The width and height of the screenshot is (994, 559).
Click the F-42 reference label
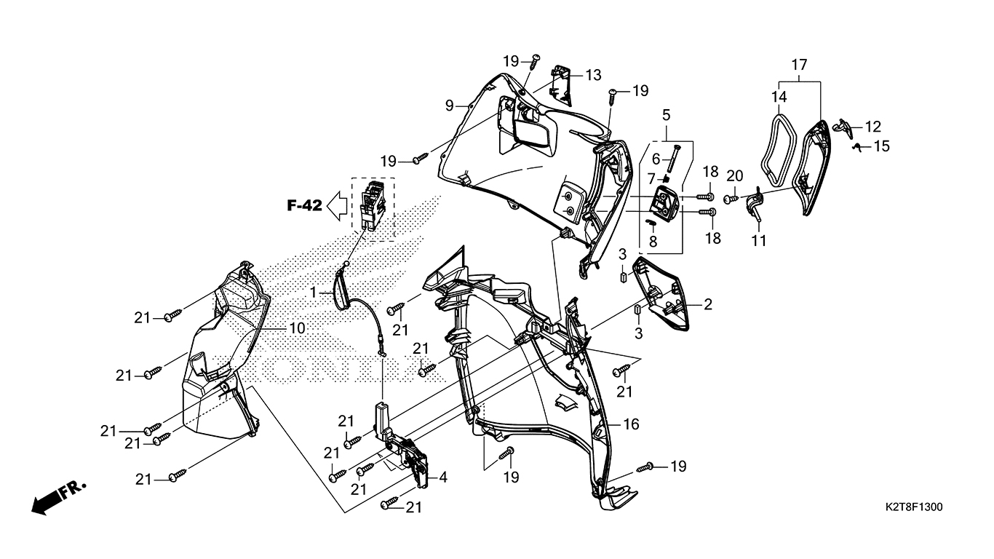pos(304,206)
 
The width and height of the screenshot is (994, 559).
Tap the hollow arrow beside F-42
pos(336,207)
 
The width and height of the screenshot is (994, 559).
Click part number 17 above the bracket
pos(799,66)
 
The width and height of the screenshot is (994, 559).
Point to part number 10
pos(297,328)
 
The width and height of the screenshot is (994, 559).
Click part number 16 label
pos(631,424)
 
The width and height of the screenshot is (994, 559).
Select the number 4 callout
pos(442,478)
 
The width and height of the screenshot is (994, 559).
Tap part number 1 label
pos(313,292)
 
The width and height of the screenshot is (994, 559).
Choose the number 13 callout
pos(593,75)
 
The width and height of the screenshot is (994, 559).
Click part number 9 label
pos(450,106)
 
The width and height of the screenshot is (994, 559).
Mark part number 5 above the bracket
pos(666,114)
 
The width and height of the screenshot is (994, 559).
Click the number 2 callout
pos(707,305)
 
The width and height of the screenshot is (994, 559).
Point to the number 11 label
pos(759,240)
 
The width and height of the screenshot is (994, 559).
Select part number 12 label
pos(873,126)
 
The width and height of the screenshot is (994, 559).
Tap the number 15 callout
pos(882,146)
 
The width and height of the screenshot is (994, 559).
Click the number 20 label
pos(735,175)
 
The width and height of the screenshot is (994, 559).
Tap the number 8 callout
pos(653,240)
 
